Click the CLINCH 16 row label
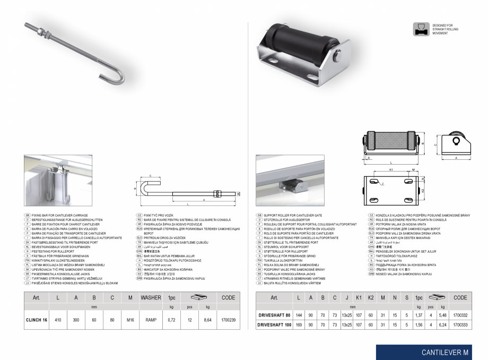(x=37, y=321)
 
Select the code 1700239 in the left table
(x=228, y=321)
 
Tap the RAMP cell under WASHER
(x=151, y=321)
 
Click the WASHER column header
(x=151, y=298)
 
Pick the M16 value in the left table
(x=130, y=321)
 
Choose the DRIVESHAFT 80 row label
(x=273, y=315)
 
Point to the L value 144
(x=299, y=315)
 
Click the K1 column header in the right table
(x=359, y=298)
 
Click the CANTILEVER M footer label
(x=445, y=352)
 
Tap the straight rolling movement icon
(x=421, y=29)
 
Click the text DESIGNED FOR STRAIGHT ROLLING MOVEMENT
(x=445, y=29)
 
